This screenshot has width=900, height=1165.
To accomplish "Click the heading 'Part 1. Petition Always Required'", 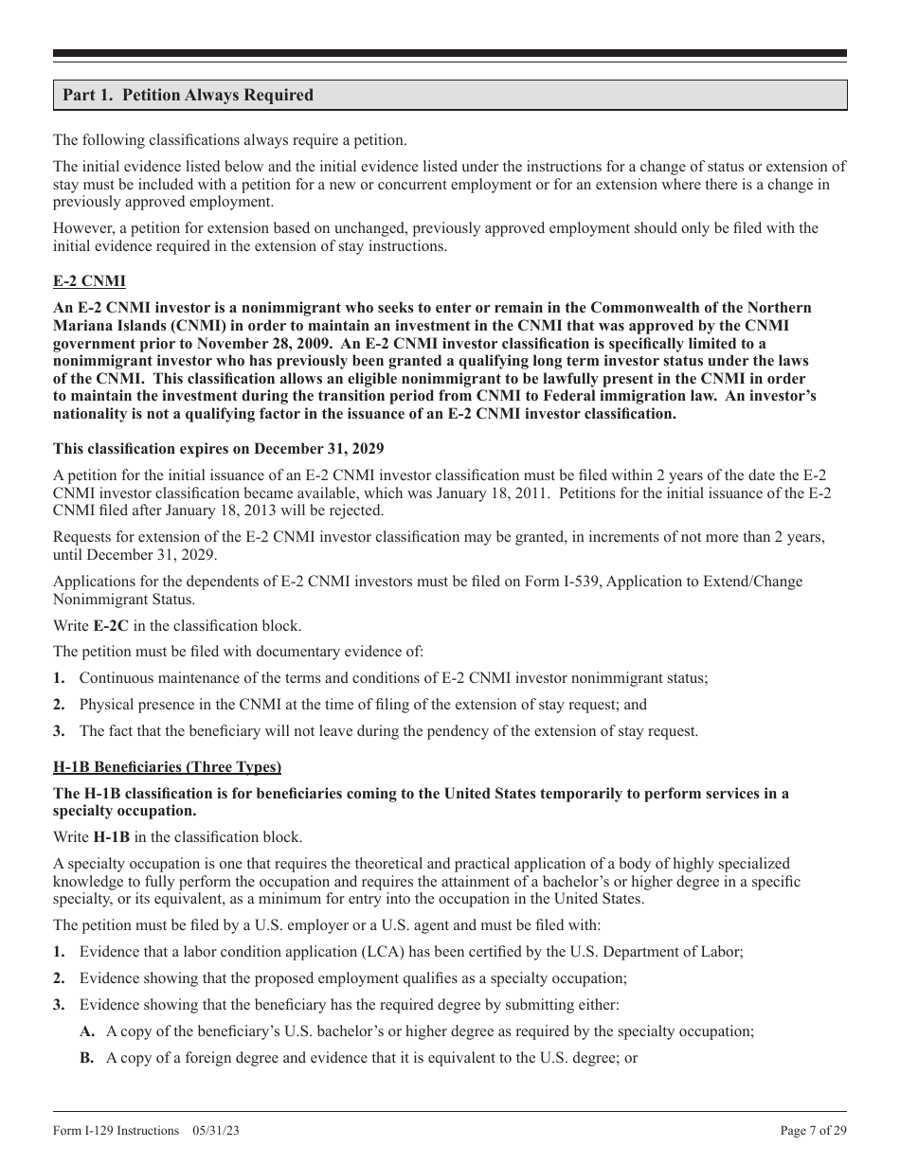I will [x=188, y=96].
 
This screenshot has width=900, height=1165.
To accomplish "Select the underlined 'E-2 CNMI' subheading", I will [x=89, y=282].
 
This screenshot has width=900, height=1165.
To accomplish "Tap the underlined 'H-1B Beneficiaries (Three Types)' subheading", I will [x=167, y=767].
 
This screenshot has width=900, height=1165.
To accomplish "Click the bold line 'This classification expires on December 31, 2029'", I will [x=218, y=448].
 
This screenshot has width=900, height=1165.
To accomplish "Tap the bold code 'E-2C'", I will [x=111, y=626].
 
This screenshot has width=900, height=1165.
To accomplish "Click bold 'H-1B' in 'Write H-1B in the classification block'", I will [x=112, y=837].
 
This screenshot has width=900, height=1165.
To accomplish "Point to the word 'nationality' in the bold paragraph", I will [x=91, y=415].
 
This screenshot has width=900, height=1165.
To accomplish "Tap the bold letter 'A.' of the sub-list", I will [x=87, y=1031].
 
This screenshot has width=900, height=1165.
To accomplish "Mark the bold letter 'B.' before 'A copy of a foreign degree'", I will [x=87, y=1058].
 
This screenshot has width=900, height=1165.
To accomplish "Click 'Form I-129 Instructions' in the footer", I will [x=116, y=1131].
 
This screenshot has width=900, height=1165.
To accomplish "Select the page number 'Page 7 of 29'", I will [x=813, y=1131].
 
